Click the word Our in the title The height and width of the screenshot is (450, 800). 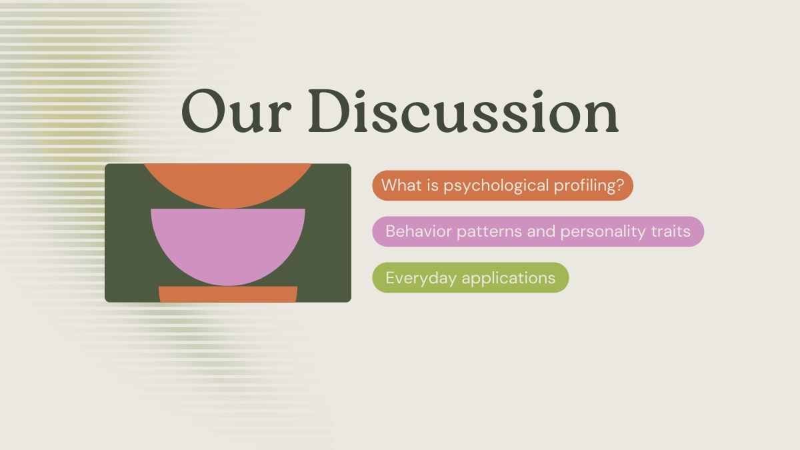(x=236, y=111)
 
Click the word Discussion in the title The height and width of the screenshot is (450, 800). (x=463, y=111)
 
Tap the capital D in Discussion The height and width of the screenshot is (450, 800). (x=329, y=111)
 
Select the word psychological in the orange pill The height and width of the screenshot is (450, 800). (x=496, y=186)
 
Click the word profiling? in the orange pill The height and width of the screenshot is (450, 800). (x=589, y=186)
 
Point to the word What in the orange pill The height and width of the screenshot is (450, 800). (x=401, y=185)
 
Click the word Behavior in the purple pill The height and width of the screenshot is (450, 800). (x=419, y=231)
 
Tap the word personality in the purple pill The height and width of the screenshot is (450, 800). (x=603, y=232)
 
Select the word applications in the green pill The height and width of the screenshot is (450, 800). (x=509, y=278)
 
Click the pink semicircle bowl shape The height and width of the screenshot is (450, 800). (x=228, y=243)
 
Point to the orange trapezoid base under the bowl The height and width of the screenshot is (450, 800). (x=228, y=294)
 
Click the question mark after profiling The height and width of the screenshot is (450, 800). (x=620, y=185)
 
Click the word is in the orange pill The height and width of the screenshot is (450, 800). (x=433, y=185)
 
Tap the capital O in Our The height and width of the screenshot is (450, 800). (x=202, y=111)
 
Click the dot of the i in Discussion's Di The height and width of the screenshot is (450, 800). (x=360, y=94)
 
